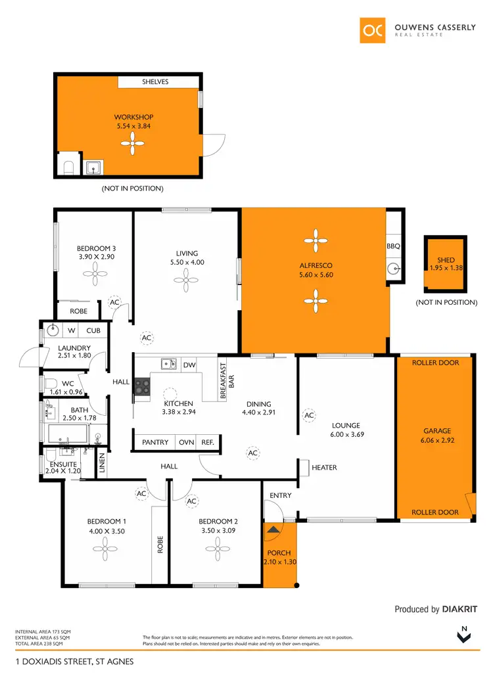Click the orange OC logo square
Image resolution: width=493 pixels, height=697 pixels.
[372, 30]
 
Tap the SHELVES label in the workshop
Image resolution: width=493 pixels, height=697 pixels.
[155, 82]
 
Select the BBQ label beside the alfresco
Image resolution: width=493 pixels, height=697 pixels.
[394, 246]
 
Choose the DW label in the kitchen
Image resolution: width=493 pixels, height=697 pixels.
[189, 365]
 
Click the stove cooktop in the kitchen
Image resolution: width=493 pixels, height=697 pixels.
[142, 386]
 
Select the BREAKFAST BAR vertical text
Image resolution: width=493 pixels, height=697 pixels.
[227, 382]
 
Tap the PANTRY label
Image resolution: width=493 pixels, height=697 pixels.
[155, 443]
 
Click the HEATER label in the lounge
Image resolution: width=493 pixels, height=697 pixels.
[324, 468]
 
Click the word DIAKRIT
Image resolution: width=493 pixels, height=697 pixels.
[459, 610]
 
